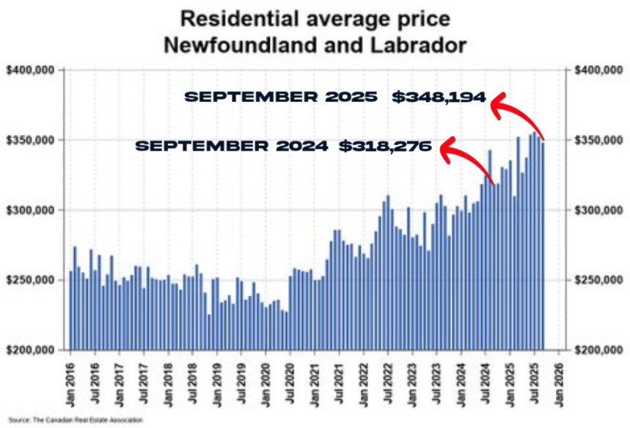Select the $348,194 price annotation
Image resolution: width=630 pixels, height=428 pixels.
click(x=439, y=97)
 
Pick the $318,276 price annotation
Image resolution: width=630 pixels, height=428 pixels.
click(x=386, y=146)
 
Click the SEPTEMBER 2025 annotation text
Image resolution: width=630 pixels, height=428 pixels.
click(x=280, y=97)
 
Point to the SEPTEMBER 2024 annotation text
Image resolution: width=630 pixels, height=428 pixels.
click(x=231, y=146)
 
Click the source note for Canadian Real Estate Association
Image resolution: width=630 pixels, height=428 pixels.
click(x=77, y=420)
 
